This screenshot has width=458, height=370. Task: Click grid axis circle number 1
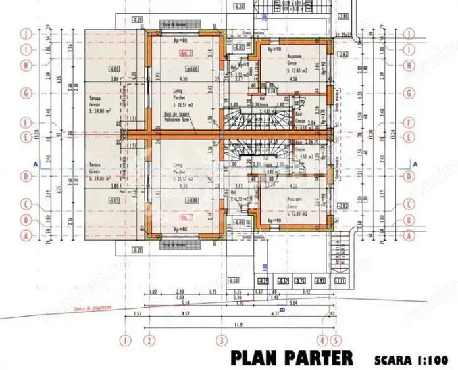click(124, 340)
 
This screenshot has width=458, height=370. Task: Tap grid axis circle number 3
click(222, 340)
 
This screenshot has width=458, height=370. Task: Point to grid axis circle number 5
click(335, 340)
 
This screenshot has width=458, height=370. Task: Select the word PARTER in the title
click(318, 358)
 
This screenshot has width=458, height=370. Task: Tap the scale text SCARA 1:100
click(409, 359)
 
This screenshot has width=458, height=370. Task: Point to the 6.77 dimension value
click(272, 314)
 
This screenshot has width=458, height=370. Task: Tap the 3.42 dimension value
click(306, 290)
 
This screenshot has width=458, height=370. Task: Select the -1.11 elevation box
click(341, 281)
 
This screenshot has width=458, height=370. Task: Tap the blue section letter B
click(282, 307)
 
